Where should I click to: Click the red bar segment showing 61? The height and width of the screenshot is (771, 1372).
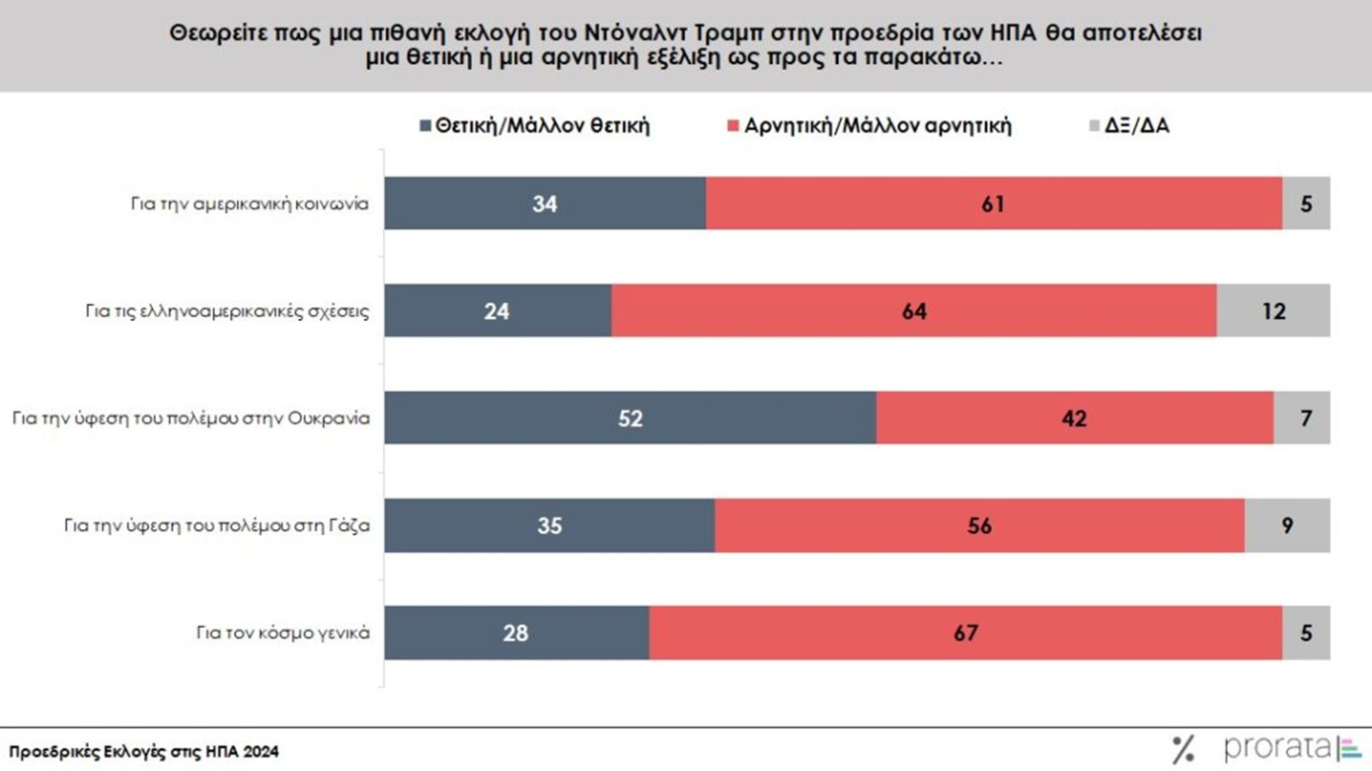pyautogui.click(x=993, y=203)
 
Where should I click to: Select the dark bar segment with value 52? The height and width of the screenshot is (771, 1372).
pyautogui.click(x=630, y=418)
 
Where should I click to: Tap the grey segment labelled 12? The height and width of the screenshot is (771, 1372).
pyautogui.click(x=1273, y=311)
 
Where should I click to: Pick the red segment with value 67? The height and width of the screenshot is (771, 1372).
pyautogui.click(x=965, y=632)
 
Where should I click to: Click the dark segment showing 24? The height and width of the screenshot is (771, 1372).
pyautogui.click(x=497, y=311)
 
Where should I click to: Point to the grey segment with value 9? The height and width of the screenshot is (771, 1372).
pyautogui.click(x=1287, y=525)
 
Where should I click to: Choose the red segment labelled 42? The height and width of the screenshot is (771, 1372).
pyautogui.click(x=1074, y=418)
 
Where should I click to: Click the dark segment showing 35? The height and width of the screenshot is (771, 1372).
pyautogui.click(x=549, y=525)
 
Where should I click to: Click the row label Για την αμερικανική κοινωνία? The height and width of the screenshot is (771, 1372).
pyautogui.click(x=250, y=204)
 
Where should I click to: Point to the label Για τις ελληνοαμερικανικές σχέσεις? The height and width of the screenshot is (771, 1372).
pyautogui.click(x=227, y=311)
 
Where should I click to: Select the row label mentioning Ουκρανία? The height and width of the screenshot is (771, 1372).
pyautogui.click(x=191, y=418)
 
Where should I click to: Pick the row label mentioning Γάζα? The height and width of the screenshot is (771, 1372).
pyautogui.click(x=216, y=525)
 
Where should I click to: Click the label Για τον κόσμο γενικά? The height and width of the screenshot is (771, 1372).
pyautogui.click(x=283, y=632)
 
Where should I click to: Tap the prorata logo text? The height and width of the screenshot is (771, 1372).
pyautogui.click(x=1277, y=748)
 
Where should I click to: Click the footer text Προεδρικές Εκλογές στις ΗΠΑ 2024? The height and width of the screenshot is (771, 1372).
pyautogui.click(x=144, y=751)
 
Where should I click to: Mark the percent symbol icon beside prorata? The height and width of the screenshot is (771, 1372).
pyautogui.click(x=1182, y=750)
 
